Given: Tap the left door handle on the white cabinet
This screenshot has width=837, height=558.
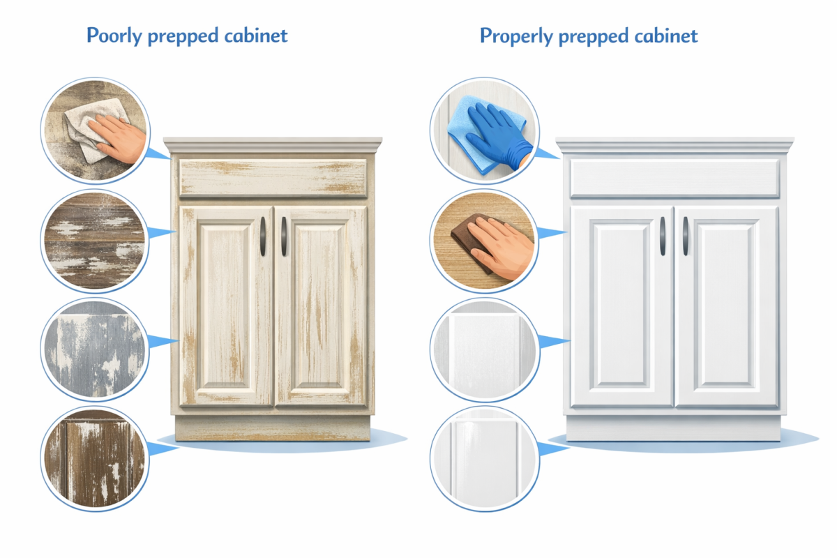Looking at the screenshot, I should (x=662, y=236).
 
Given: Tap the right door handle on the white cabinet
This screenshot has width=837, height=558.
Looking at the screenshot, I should (x=685, y=236).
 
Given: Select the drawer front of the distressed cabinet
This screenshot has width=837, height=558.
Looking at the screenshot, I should (x=273, y=178).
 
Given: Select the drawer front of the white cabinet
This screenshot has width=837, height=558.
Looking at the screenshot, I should (x=674, y=178).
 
